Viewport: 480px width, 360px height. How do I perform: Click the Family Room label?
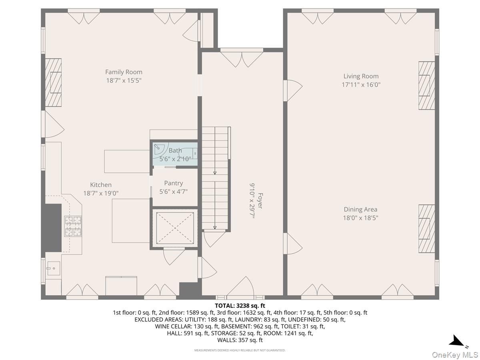click(x=124, y=72)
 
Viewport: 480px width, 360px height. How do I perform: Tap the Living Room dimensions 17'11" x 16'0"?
click(x=361, y=85)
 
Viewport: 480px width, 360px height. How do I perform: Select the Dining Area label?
click(x=360, y=209)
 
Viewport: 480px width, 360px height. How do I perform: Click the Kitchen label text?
click(x=101, y=184)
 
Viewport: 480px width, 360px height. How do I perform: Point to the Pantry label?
click(x=173, y=183)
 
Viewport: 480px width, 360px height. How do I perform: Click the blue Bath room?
click(x=175, y=154)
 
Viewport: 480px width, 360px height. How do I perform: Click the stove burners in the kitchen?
click(x=73, y=226)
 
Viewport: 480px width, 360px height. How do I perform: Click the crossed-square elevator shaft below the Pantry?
click(x=174, y=228)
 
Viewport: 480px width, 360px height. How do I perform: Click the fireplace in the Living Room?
click(x=426, y=85)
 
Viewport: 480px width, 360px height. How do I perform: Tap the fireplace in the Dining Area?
click(x=426, y=229)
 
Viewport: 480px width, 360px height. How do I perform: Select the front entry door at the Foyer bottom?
click(x=240, y=288)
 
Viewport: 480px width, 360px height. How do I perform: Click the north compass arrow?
click(x=456, y=341)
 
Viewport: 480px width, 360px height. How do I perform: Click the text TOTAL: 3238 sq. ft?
click(x=240, y=306)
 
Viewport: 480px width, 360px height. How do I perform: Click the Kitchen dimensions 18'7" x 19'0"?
click(x=101, y=193)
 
